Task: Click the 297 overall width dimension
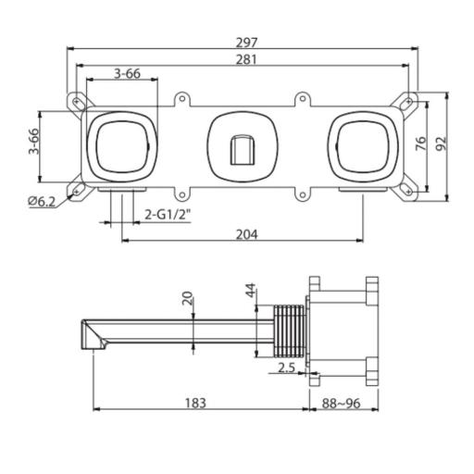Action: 245,42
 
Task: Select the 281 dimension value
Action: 245,59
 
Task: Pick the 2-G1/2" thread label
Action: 167,215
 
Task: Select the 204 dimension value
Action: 245,234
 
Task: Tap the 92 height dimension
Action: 443,143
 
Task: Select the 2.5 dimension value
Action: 286,368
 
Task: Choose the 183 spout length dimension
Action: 194,403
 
